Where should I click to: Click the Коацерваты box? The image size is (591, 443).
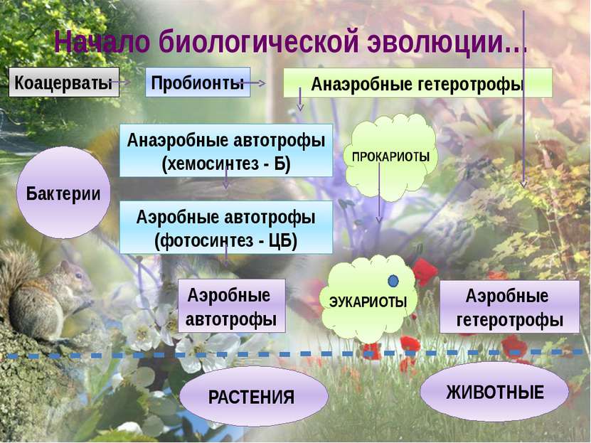click(x=64, y=82)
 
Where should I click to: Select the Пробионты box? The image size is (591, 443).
click(x=198, y=82)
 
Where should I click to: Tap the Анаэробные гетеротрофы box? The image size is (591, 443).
click(x=417, y=83)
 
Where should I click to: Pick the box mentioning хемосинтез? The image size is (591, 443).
click(x=226, y=150)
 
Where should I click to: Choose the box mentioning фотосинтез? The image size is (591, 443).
click(x=226, y=227)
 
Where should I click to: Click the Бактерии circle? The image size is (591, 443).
click(x=64, y=193)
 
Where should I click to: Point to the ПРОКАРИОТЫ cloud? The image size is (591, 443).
click(x=391, y=157)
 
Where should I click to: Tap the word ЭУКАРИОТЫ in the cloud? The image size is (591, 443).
click(x=368, y=301)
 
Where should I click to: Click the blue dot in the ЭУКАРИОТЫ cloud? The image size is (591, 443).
click(x=393, y=281)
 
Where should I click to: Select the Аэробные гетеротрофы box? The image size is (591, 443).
click(x=510, y=306)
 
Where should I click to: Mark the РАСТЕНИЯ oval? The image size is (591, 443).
click(x=254, y=396)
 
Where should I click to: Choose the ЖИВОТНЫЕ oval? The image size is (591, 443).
click(x=494, y=392)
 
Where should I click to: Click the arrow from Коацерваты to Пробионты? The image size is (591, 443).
click(x=120, y=82)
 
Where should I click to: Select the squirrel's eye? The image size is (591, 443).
click(x=79, y=275)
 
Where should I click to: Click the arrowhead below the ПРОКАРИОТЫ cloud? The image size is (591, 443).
click(x=379, y=219)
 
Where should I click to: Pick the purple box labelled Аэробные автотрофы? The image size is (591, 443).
click(x=231, y=306)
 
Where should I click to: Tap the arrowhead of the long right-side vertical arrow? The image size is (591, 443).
click(x=523, y=184)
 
